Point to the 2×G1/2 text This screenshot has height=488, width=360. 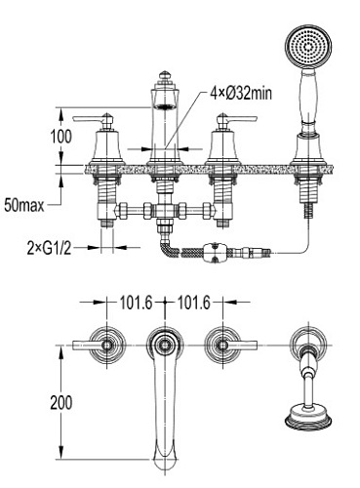[48, 247]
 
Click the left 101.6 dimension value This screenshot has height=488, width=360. [138, 303]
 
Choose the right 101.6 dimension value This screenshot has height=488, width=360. [195, 303]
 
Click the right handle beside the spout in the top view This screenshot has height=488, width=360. [224, 346]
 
